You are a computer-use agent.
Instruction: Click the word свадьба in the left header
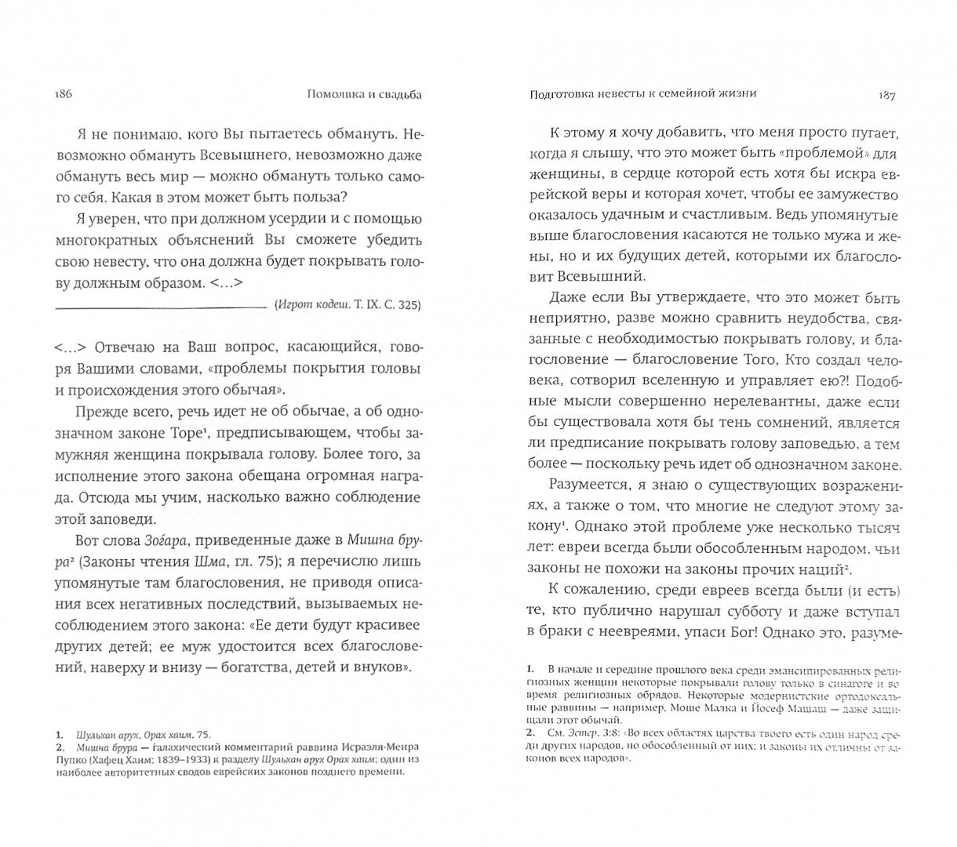[x=394, y=95]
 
